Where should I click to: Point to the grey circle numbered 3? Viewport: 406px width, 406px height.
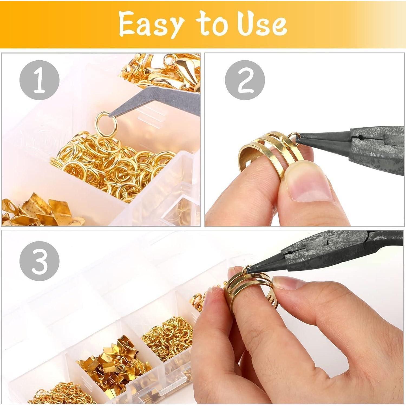pyautogui.click(x=40, y=262)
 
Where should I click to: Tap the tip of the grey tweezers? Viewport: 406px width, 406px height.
pyautogui.click(x=109, y=117)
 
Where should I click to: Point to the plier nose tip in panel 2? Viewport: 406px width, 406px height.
pyautogui.click(x=297, y=138)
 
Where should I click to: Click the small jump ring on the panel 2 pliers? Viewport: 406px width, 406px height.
pyautogui.click(x=292, y=136)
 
